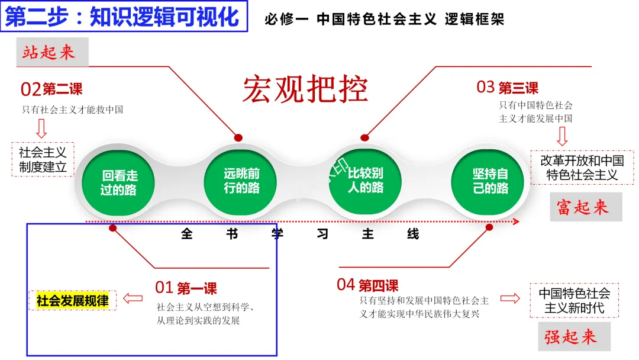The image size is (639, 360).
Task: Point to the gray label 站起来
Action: tap(51, 52)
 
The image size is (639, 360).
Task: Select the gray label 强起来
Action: tap(570, 337)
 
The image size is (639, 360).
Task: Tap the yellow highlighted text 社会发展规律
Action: tap(73, 300)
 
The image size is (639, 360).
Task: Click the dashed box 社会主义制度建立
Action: tap(43, 159)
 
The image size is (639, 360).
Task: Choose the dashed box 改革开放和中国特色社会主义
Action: tap(582, 168)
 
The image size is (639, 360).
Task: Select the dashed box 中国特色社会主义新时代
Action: tap(574, 300)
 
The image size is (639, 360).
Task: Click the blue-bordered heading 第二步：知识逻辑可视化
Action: tap(123, 17)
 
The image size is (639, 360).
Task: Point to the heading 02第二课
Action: tap(51, 89)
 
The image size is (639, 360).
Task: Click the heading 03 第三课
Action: tap(507, 88)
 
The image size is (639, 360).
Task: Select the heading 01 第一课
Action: tap(186, 288)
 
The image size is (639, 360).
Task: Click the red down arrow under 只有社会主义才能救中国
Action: tap(41, 127)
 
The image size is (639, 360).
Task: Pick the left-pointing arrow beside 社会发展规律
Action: tap(133, 300)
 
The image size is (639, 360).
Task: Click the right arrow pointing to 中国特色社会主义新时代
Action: tap(510, 298)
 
